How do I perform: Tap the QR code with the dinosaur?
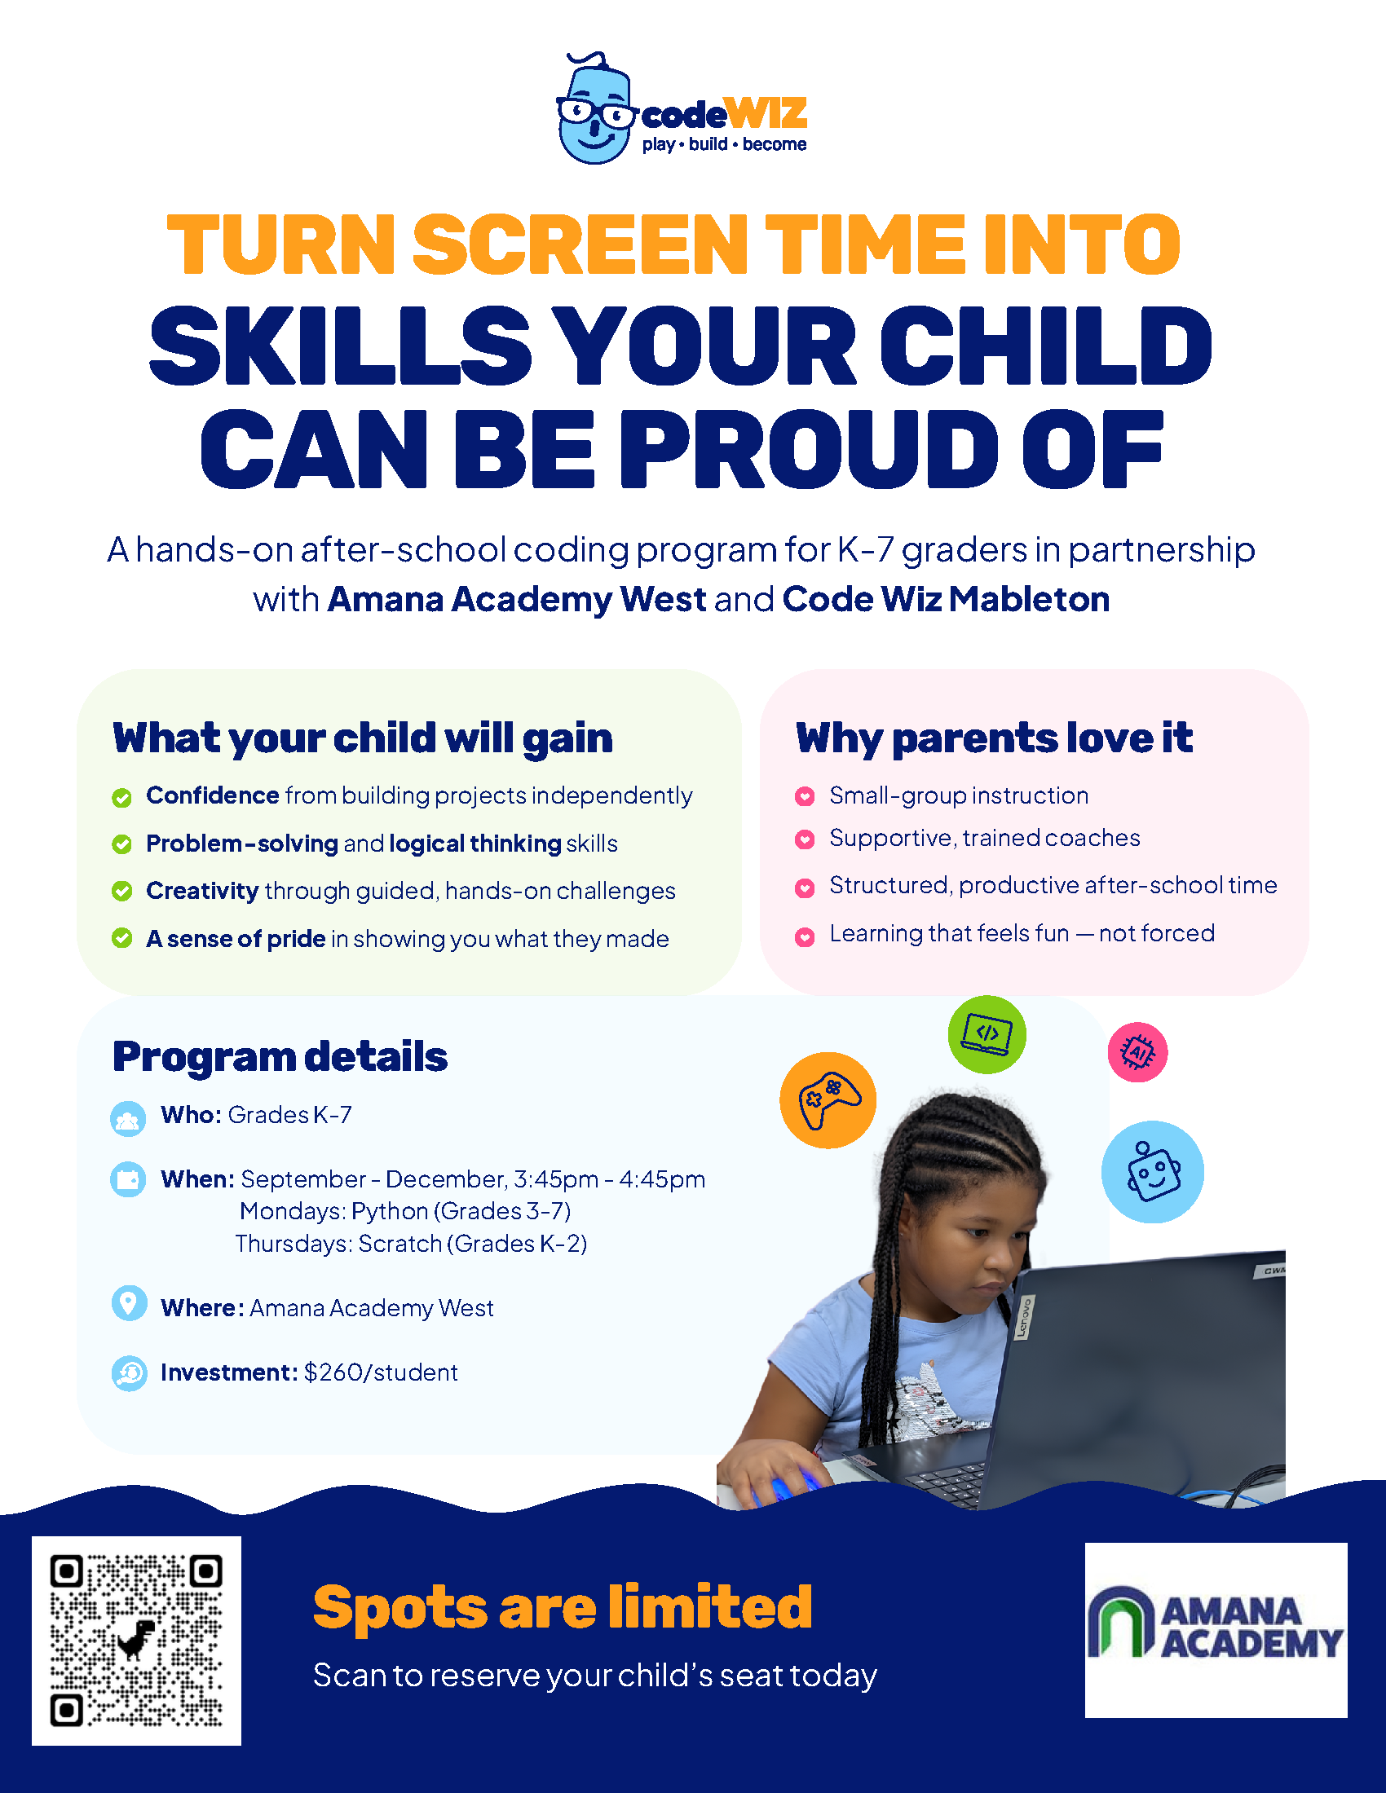[136, 1641]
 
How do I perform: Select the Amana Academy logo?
[1216, 1631]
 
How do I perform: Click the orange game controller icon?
[828, 1100]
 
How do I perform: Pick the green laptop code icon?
[987, 1034]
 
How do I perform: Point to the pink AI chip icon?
[1137, 1051]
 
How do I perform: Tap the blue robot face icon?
[1153, 1171]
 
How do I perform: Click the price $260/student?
[381, 1372]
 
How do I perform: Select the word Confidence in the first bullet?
[213, 795]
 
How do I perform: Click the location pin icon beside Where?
[129, 1303]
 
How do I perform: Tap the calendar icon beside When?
[128, 1180]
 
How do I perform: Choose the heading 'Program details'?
[280, 1057]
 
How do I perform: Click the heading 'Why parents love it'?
[994, 738]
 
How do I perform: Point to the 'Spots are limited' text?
[563, 1606]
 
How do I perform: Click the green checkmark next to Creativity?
[121, 892]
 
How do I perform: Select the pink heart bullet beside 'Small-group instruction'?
[805, 795]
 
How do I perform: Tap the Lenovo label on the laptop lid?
[1024, 1318]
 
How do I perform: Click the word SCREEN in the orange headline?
[580, 244]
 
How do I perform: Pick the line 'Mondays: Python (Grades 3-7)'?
[406, 1211]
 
